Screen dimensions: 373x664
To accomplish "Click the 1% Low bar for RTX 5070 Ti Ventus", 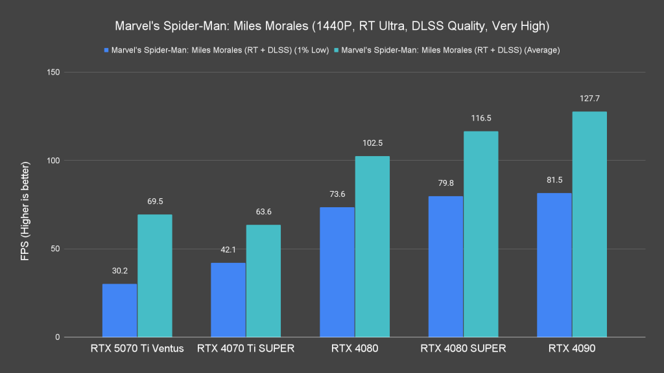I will click(x=119, y=311).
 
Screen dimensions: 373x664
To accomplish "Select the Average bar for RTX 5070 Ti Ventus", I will click(x=154, y=276).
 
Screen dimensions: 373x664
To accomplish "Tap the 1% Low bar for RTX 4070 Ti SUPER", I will click(x=228, y=300).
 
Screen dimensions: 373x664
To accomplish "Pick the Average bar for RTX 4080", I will click(x=372, y=247).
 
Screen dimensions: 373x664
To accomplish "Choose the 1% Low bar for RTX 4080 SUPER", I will click(x=445, y=267).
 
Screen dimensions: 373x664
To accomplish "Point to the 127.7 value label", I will click(x=589, y=98).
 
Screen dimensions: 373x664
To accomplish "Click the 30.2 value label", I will click(x=119, y=271).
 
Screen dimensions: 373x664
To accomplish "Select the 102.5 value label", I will click(x=372, y=143).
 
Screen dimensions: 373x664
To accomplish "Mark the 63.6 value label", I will click(x=263, y=212).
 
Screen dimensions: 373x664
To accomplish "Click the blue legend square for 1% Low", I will click(x=106, y=49).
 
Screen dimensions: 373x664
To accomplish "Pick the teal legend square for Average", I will click(x=336, y=49).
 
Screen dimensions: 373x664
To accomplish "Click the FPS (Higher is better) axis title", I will click(x=25, y=205).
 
